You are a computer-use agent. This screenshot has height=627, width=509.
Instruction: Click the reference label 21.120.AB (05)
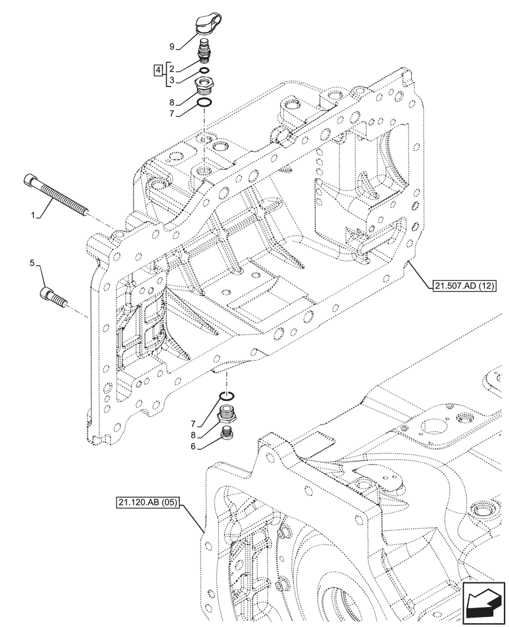pyautogui.click(x=147, y=502)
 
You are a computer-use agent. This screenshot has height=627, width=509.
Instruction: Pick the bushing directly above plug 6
pyautogui.click(x=227, y=414)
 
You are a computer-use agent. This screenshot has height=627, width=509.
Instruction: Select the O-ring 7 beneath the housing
pyautogui.click(x=227, y=396)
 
